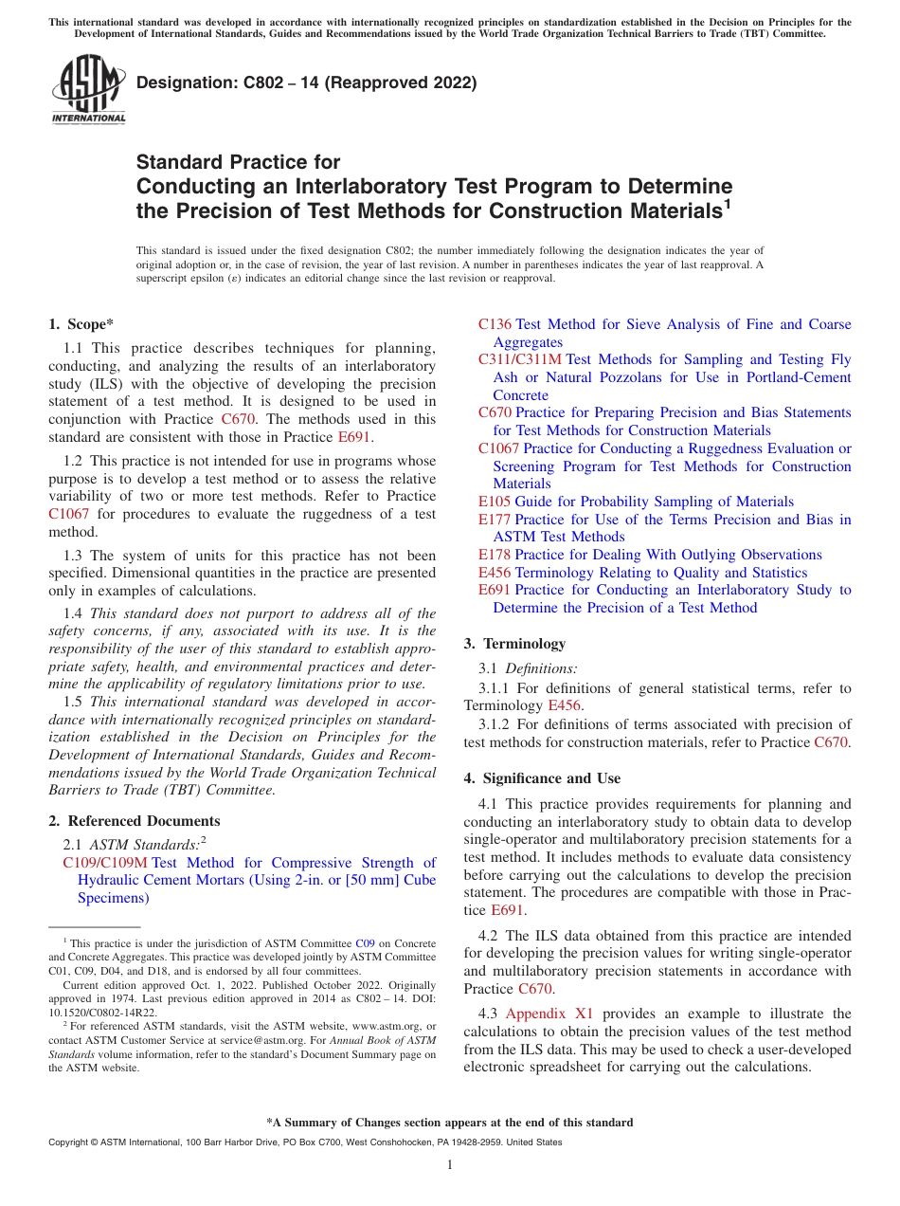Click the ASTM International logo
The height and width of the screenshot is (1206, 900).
tap(88, 90)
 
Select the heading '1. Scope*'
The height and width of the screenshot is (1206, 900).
tap(81, 324)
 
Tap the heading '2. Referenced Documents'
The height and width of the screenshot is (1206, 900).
tap(134, 821)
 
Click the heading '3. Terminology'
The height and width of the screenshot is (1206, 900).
tap(514, 644)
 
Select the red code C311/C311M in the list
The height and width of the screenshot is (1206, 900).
tap(519, 359)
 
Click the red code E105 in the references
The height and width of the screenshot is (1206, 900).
tap(495, 502)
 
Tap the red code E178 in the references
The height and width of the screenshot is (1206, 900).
tap(495, 555)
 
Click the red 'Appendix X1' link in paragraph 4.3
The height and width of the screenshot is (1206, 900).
tap(549, 1014)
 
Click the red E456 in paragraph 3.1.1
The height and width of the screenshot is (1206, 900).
tap(565, 705)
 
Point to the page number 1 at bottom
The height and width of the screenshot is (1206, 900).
tap(450, 1165)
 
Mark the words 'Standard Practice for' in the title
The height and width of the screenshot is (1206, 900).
tap(238, 162)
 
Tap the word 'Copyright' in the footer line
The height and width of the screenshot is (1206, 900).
tap(66, 1142)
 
